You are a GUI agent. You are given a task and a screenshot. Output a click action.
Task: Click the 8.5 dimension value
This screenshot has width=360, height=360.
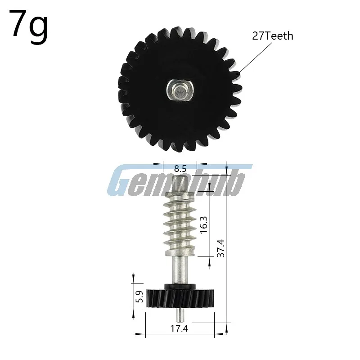point(180,169)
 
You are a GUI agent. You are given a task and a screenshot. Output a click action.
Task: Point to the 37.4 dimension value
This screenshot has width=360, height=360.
point(220,247)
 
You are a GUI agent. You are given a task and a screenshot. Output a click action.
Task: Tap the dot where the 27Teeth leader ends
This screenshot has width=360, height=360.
point(239,72)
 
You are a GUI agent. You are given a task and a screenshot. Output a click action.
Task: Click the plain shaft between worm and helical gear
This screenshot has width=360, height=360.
point(180,270)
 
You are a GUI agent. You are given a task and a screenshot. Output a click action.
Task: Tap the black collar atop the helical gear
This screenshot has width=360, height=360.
point(180,286)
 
